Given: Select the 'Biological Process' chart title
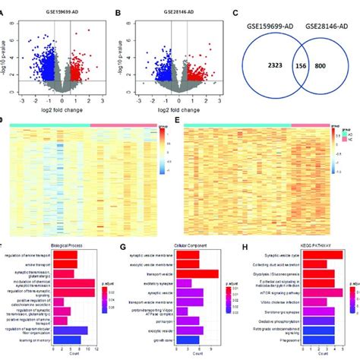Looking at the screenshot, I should point(63,246).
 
